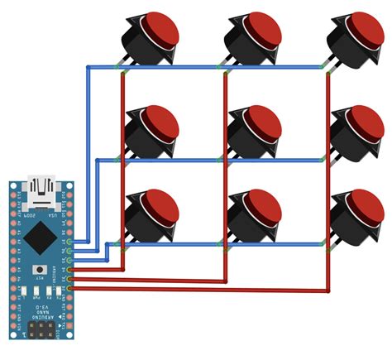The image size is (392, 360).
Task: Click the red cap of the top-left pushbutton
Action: point(158,31)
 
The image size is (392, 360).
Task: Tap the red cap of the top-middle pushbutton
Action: point(258,31)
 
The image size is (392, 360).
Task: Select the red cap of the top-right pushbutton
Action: point(361,31)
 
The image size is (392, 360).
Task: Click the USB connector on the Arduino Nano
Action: point(40,193)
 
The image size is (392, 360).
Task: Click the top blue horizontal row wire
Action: point(207,66)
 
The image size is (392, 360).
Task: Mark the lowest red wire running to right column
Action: point(207,291)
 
